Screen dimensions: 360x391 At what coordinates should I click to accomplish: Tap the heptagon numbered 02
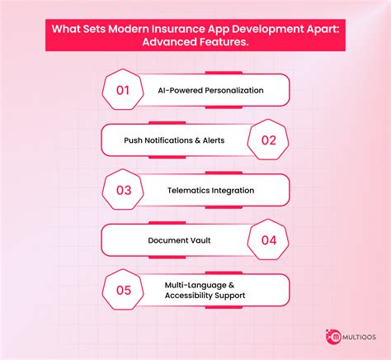[268, 140]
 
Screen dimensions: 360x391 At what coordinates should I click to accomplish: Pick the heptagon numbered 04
[268, 240]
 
